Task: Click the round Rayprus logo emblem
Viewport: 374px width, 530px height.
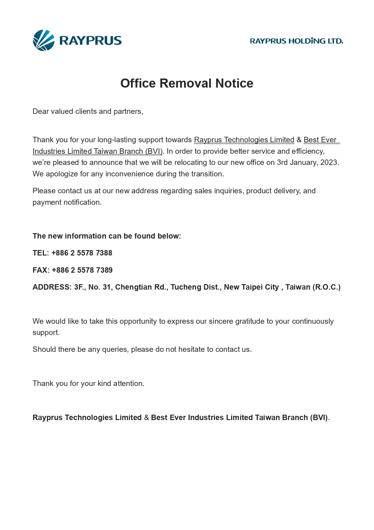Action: pos(44,40)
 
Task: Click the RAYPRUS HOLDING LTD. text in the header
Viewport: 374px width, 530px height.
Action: pos(297,41)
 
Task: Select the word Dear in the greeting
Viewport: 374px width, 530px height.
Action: pos(41,111)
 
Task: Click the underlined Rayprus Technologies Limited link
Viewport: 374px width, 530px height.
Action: pos(244,140)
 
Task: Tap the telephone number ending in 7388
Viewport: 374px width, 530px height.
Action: pos(82,253)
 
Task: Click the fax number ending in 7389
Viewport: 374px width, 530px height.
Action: pos(82,270)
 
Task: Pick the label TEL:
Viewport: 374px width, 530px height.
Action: pos(41,253)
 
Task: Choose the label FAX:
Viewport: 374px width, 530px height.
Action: pos(41,270)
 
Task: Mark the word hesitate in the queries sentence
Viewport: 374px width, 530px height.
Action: pos(191,350)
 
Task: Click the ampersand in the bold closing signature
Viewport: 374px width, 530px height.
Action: pos(146,418)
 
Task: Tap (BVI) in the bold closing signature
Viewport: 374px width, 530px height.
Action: pos(319,418)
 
